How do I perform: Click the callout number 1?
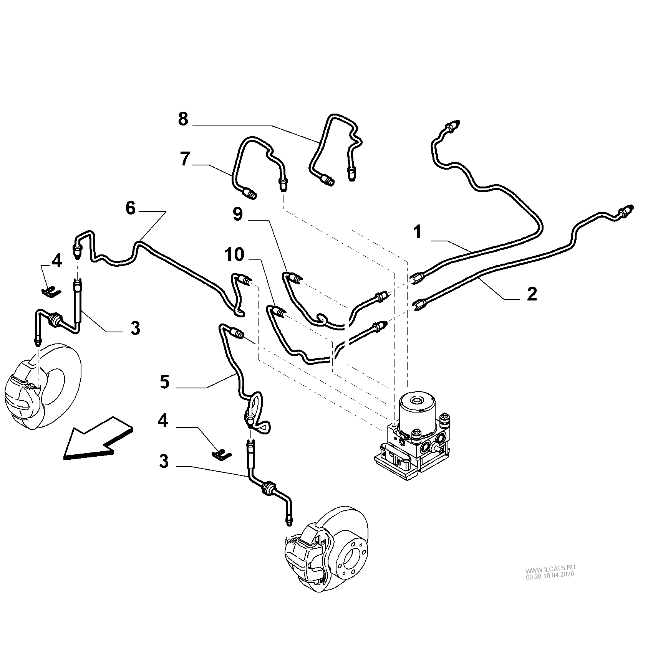pyautogui.click(x=418, y=233)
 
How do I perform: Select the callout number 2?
pyautogui.click(x=532, y=294)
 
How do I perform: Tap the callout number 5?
pyautogui.click(x=164, y=382)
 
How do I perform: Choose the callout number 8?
pyautogui.click(x=183, y=119)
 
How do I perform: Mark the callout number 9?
pyautogui.click(x=238, y=215)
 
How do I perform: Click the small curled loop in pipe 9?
pyautogui.click(x=321, y=319)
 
